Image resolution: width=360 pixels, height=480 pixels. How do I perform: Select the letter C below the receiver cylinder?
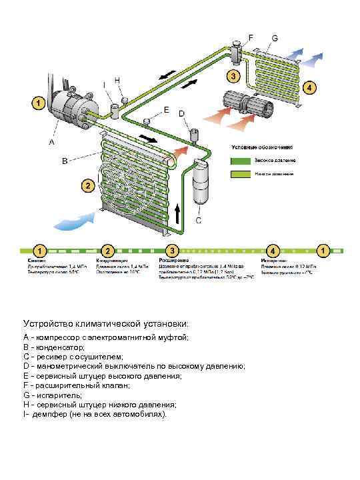(x=199, y=220)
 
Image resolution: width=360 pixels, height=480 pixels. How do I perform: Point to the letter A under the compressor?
(x=51, y=142)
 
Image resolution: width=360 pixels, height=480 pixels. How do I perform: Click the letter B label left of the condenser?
(x=65, y=161)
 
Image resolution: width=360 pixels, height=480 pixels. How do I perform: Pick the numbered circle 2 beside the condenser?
(x=86, y=185)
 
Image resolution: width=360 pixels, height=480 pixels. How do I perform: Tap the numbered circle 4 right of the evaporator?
(x=309, y=87)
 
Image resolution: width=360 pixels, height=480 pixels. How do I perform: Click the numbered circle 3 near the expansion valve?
(x=233, y=76)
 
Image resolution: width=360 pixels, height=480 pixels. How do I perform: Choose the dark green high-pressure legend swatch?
(x=239, y=161)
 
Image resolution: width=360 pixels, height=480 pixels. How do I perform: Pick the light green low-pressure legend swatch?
(x=239, y=175)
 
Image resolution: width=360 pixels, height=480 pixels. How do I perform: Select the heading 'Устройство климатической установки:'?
(x=106, y=323)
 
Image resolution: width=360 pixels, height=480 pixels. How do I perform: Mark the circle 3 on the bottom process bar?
(x=173, y=250)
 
